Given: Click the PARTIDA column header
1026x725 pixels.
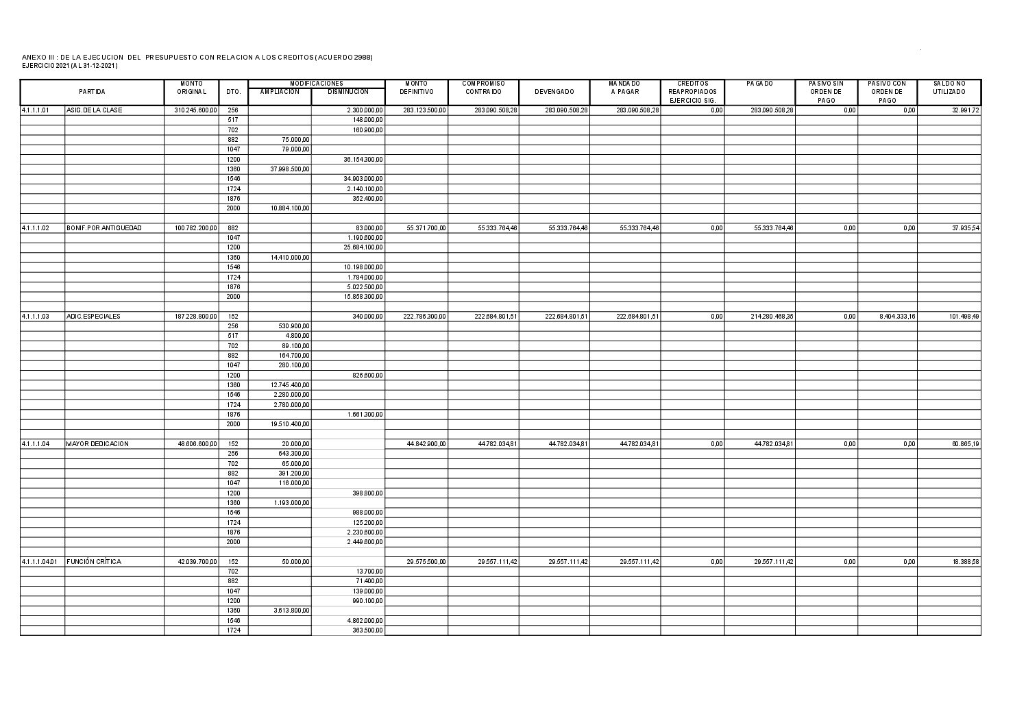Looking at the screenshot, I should point(92,92).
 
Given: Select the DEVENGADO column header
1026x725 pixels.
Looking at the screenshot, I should point(554,92).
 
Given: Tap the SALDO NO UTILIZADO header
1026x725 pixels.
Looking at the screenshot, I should point(949,88).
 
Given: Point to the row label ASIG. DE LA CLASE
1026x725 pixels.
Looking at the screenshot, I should point(95,110).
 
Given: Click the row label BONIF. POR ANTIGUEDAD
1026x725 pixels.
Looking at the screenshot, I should point(104,228).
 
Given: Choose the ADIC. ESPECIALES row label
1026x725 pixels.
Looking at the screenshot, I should point(93,317).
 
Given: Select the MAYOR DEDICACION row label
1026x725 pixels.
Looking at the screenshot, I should point(97,444).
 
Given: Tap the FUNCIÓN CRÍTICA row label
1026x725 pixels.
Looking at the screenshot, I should point(94,562).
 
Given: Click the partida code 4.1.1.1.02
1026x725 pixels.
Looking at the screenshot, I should point(35,228).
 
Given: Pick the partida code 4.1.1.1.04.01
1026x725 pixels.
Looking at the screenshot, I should point(40,562).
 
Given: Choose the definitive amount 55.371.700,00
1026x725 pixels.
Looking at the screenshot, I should point(426,228).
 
